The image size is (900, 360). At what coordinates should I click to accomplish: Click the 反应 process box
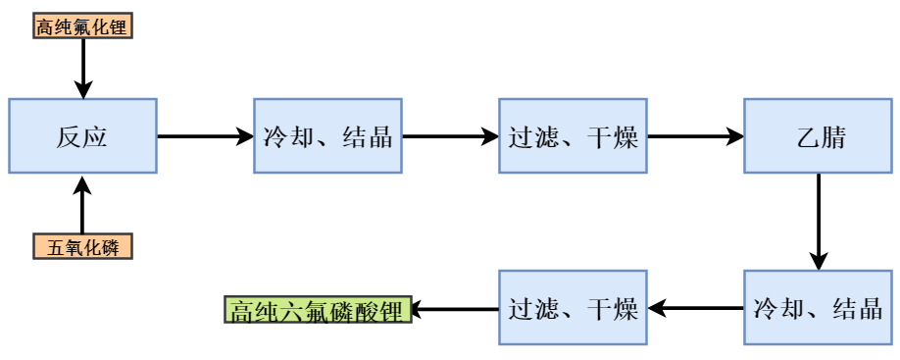click(x=82, y=136)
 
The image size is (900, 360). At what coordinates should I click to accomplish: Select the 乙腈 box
click(x=818, y=136)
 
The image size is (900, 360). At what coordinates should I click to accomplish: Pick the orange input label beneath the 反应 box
click(x=82, y=247)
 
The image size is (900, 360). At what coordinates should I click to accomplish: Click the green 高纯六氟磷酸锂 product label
click(x=318, y=310)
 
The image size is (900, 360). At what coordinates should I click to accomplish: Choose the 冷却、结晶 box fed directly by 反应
click(x=327, y=136)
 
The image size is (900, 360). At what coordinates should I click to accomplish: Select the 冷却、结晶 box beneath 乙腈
click(x=818, y=308)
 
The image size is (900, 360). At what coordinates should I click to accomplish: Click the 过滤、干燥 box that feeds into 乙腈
click(x=573, y=136)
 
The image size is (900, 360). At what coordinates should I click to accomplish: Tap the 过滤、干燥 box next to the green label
click(x=573, y=308)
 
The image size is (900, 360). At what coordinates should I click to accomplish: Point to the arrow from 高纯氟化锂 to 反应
click(x=82, y=69)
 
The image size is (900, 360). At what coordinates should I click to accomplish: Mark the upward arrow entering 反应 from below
click(x=82, y=206)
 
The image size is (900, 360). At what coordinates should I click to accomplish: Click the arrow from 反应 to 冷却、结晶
click(x=205, y=136)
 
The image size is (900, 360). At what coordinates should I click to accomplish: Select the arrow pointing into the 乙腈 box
click(x=695, y=136)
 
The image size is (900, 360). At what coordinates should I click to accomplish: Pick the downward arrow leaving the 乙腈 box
click(x=818, y=222)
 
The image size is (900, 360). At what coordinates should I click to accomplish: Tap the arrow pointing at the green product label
click(x=455, y=310)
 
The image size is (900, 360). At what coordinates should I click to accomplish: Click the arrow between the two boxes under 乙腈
click(x=695, y=309)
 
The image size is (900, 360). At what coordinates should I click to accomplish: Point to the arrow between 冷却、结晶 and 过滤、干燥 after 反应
click(x=450, y=136)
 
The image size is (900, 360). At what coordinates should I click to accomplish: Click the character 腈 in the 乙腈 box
click(x=832, y=137)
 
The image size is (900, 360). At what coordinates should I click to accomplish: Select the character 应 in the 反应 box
click(x=95, y=137)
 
